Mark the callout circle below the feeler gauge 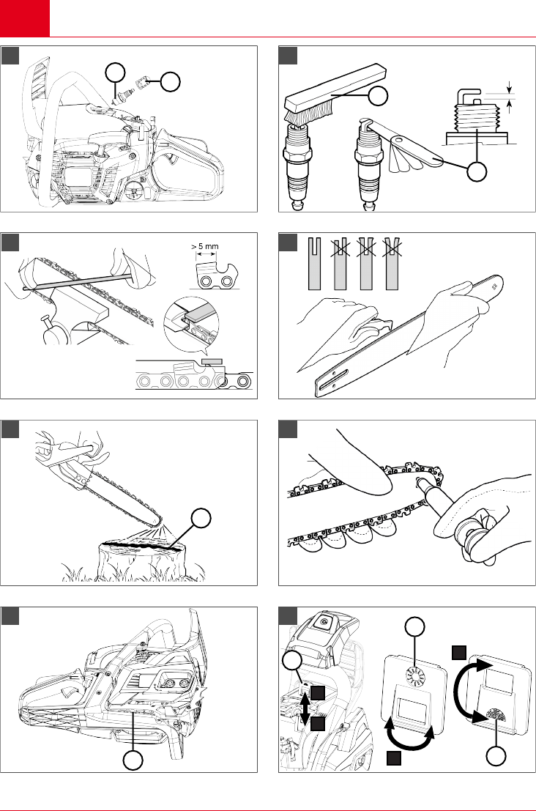477,172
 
